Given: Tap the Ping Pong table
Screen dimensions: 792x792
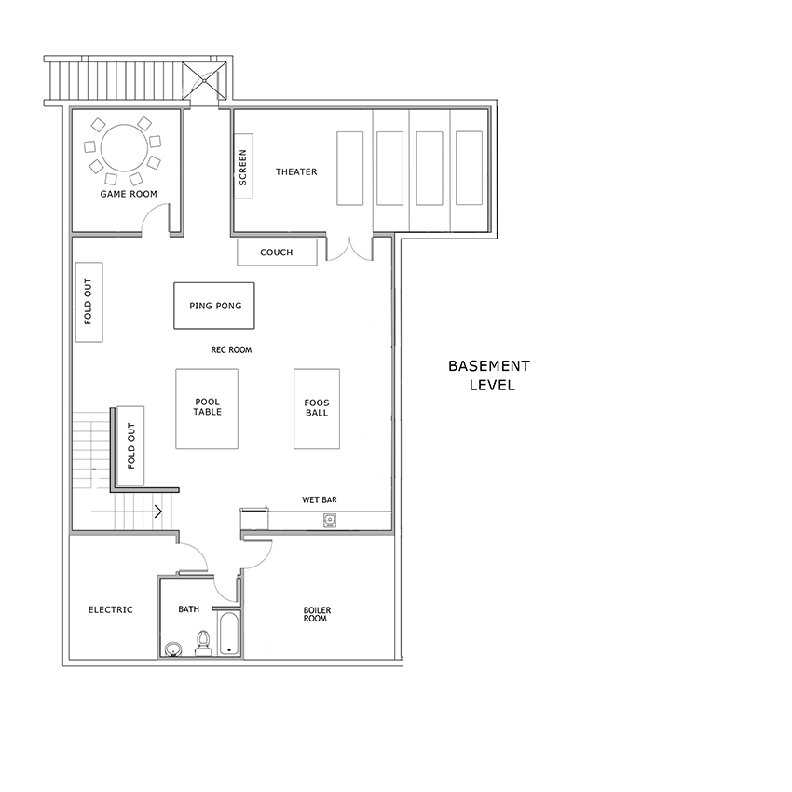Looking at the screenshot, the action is pos(214,306).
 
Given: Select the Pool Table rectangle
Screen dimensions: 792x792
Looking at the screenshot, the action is pos(207,409).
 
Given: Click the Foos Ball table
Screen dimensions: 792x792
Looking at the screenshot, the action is pos(317,409).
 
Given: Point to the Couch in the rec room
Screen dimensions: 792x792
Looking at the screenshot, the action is pos(278,253).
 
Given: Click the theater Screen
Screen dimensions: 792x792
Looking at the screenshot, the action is pos(243,166).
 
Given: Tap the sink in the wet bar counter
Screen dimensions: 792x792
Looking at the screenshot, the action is pos(329,520).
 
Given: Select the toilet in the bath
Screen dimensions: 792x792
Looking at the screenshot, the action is pos(203,643).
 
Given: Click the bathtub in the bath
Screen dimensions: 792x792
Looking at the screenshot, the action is pos(230,634).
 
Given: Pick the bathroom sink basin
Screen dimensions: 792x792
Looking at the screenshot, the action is pos(172,649).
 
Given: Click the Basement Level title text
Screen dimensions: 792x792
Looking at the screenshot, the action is pos(489,376).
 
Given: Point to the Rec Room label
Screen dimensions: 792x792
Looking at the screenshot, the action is pos(231,349).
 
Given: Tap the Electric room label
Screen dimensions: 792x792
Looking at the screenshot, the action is pos(111,609).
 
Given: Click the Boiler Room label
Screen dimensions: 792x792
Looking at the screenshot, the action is pos(317,614).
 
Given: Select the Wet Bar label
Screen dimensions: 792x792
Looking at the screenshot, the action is pos(320,499).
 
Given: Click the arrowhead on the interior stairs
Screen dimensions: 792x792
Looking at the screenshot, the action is pos(159,512).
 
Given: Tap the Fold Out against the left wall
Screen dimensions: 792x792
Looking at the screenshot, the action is pos(89,302).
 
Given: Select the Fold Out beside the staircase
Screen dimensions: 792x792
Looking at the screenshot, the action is pos(130,446).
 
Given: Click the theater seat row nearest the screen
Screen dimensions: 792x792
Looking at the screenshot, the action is pos(350,169).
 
